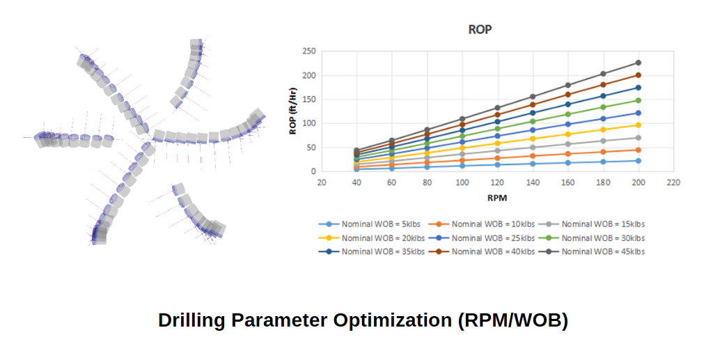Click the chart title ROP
480,31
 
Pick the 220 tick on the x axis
673,183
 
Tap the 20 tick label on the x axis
322,183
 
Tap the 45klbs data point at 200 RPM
638,63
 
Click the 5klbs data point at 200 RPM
638,161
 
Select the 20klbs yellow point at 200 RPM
638,125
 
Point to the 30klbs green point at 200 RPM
638,100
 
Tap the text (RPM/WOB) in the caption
513,320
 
